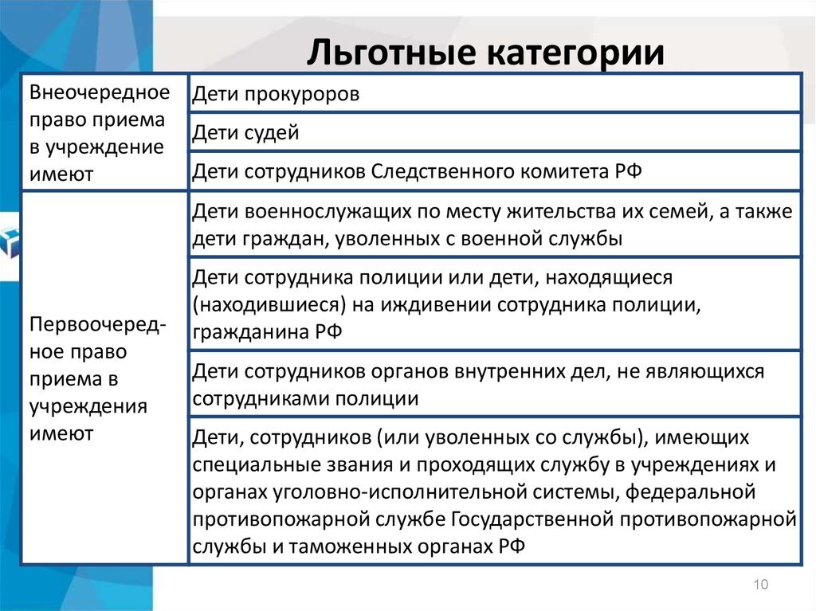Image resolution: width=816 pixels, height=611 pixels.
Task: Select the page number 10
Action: [759, 586]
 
